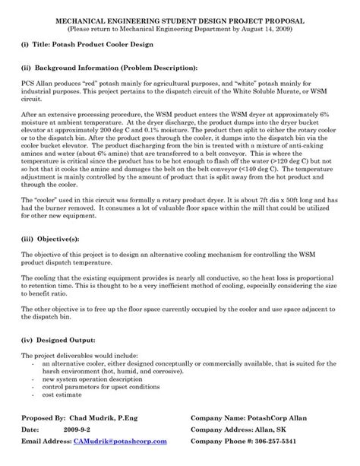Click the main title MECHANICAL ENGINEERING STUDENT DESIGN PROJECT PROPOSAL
(x=179, y=18)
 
